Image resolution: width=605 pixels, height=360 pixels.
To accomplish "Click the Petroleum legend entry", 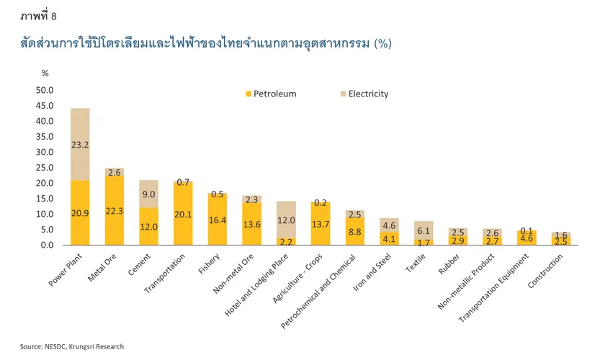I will [x=270, y=94].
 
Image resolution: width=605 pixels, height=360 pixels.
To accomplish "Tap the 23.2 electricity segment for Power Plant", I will [x=80, y=144].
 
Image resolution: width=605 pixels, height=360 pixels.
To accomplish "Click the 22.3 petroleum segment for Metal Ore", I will [x=114, y=210].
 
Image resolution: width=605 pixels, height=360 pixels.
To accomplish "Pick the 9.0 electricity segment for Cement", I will [x=148, y=194].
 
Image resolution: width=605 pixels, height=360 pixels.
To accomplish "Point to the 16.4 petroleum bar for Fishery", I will [x=218, y=220].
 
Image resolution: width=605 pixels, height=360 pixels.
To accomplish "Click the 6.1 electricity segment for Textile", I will [x=423, y=230].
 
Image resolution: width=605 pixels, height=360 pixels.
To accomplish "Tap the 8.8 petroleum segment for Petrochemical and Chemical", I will [x=355, y=232].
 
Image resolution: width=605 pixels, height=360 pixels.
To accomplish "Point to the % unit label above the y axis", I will [x=45, y=73].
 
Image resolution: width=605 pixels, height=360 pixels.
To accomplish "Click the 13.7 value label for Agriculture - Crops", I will [x=320, y=225].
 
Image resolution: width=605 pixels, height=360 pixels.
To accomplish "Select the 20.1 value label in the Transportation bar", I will [x=183, y=214].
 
